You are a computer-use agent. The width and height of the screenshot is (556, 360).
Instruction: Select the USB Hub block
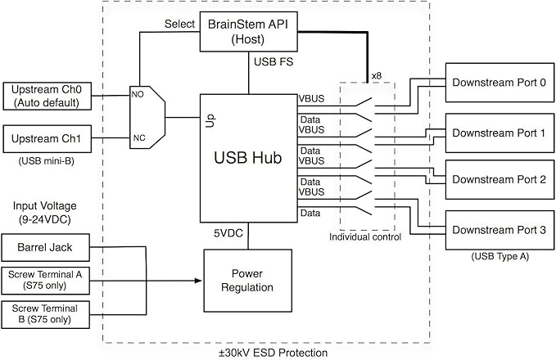click(x=249, y=157)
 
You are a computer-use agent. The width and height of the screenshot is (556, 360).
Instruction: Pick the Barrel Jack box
click(x=43, y=245)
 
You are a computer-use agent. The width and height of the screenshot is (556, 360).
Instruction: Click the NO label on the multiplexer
click(x=138, y=95)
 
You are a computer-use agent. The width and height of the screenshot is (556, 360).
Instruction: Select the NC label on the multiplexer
click(x=138, y=137)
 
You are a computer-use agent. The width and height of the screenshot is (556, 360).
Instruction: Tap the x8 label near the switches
click(x=376, y=75)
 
